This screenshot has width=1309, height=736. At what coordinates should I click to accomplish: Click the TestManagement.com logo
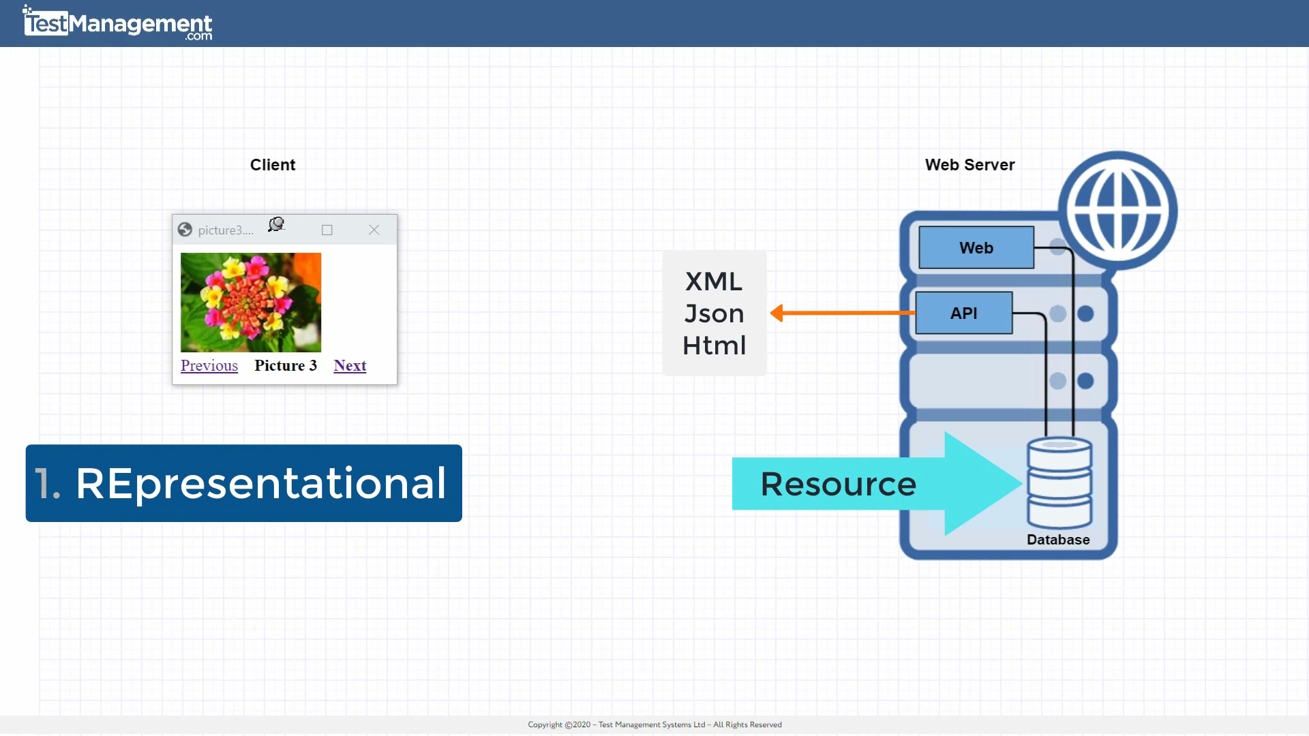(118, 24)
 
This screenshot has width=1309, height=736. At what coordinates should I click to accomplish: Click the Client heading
(273, 165)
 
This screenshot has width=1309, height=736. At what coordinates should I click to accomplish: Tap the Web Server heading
(969, 165)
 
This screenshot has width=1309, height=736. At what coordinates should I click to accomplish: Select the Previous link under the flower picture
(209, 366)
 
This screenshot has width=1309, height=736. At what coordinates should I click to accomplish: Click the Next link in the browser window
(350, 366)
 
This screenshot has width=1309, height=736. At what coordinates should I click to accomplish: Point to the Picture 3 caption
(286, 366)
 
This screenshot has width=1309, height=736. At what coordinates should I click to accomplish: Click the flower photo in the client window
(251, 303)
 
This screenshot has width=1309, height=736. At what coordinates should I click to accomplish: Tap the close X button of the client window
(374, 230)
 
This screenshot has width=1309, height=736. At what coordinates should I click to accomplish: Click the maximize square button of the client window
(327, 230)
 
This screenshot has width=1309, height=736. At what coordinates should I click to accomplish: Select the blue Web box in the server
(976, 248)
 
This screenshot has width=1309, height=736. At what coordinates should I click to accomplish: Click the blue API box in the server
(963, 313)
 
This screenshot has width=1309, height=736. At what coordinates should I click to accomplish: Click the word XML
(714, 282)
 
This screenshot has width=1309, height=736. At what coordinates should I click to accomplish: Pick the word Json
(714, 314)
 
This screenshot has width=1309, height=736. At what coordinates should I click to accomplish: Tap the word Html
(714, 346)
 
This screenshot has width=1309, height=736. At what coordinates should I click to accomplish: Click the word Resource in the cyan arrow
(838, 485)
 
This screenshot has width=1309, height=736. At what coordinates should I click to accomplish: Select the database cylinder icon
(1059, 482)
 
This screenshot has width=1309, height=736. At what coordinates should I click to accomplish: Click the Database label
(1058, 540)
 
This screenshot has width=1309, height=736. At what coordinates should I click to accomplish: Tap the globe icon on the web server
(1117, 210)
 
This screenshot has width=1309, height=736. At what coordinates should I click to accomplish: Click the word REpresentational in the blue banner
(260, 484)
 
